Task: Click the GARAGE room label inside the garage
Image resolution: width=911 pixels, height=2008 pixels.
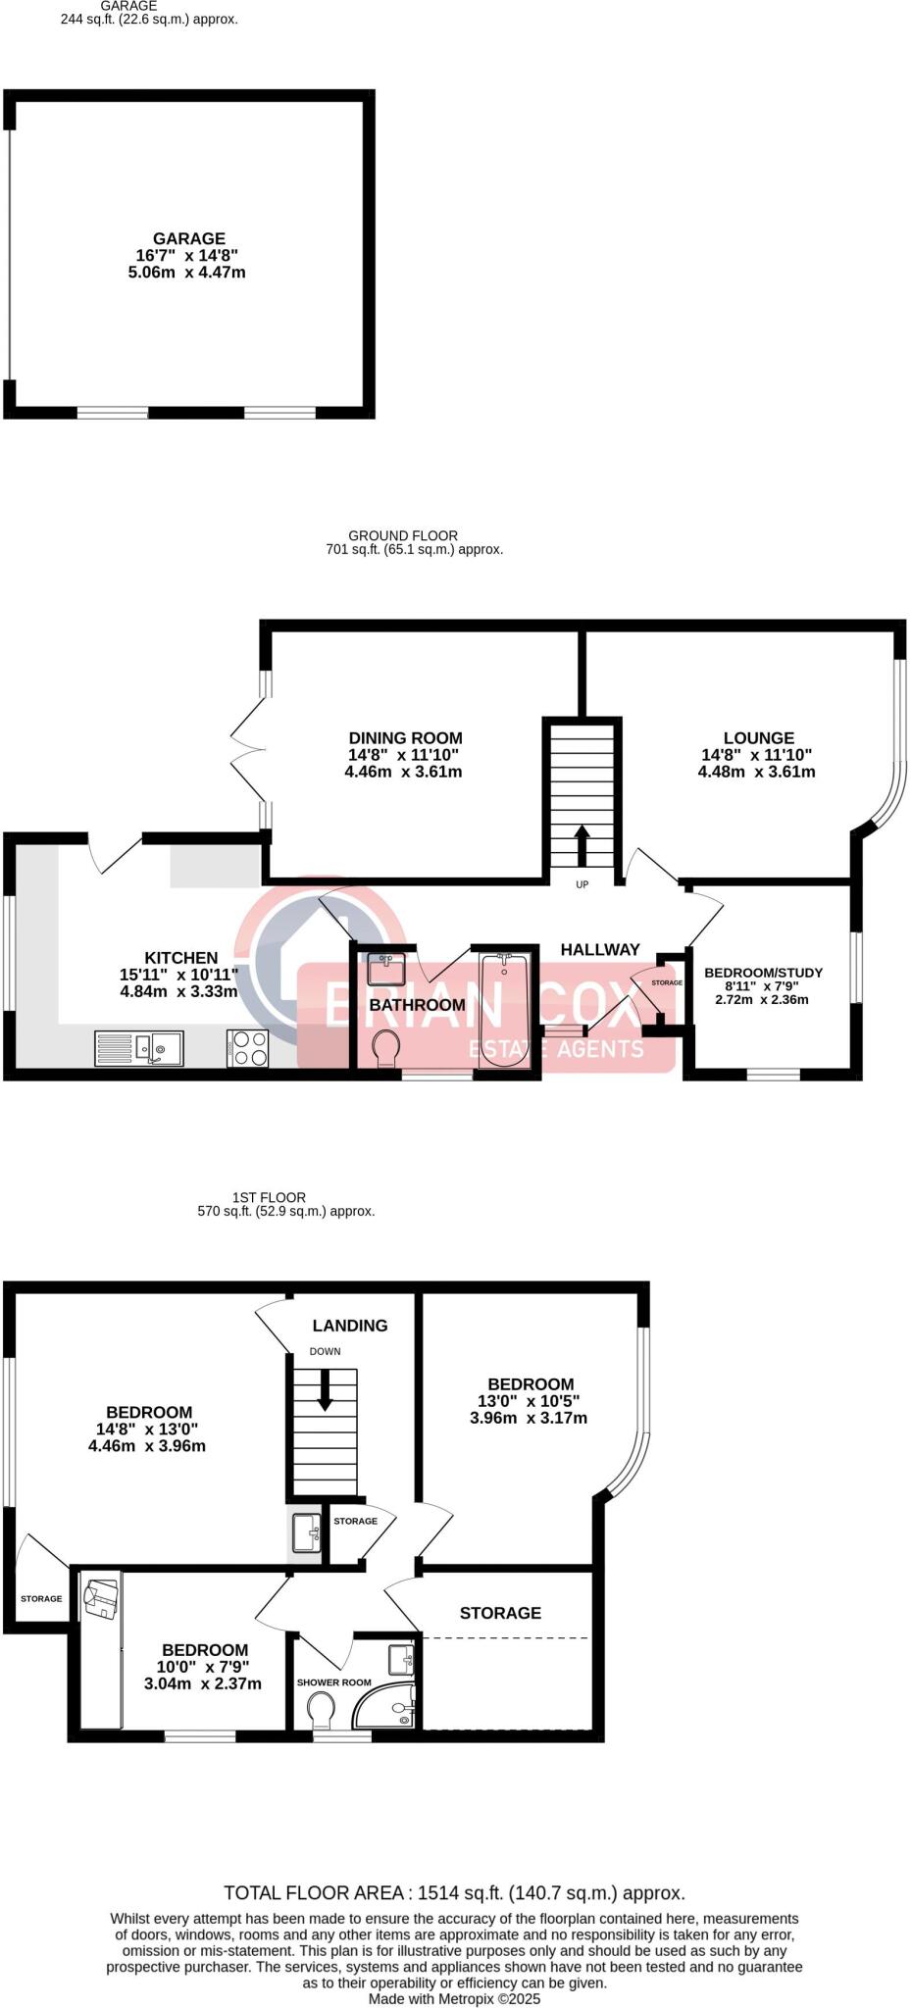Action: coord(188,238)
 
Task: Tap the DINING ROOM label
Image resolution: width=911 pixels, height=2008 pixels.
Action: coord(405,738)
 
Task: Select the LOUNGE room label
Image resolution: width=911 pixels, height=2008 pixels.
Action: coord(758,738)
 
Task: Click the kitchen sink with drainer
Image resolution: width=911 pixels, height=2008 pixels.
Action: coord(139,1048)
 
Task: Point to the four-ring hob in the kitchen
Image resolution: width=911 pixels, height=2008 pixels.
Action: coord(247,1048)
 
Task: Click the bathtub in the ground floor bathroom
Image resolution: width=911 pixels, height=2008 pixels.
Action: coord(505,1010)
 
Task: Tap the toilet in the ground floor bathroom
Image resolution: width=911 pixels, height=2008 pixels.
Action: coord(386,1048)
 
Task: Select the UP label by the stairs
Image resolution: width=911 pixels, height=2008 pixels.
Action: coord(582,884)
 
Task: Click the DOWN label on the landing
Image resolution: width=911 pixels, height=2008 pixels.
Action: coord(325,1351)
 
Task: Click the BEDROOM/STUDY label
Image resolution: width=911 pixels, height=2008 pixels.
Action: coord(763,973)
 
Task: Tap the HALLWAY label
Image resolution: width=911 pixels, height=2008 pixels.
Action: coord(599,949)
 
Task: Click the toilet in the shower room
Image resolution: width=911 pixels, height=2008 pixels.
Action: coord(321,1712)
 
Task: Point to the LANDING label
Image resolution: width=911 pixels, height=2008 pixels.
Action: coord(350,1326)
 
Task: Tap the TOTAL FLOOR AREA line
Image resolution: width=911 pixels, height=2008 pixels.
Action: coord(454,1893)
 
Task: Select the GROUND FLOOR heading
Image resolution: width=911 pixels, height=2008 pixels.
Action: coord(404,535)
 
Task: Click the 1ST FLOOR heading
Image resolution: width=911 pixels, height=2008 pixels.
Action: coord(269,1197)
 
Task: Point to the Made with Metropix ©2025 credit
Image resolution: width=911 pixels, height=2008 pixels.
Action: coord(454,1998)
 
